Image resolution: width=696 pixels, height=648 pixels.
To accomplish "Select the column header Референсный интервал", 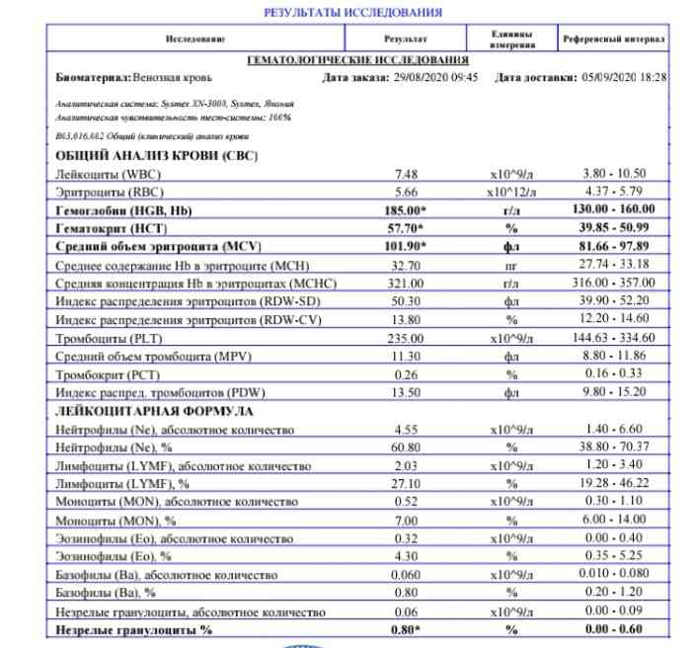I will [614, 39].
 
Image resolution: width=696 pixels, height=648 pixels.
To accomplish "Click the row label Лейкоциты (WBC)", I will [108, 174].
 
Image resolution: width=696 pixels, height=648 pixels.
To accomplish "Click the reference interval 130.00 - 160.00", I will [614, 210].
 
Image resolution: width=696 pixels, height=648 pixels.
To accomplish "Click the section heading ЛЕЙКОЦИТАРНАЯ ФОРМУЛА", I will [156, 411].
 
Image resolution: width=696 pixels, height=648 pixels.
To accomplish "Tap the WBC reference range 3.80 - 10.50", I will [614, 174].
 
